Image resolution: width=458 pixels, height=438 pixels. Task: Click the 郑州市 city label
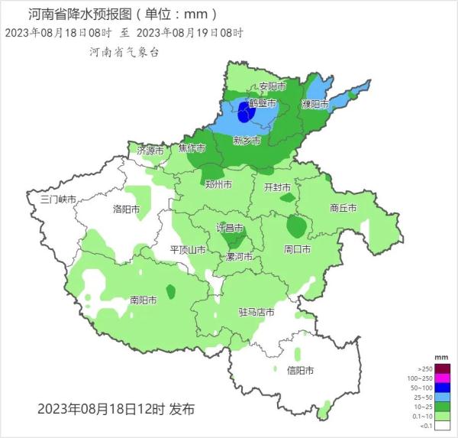point(219,184)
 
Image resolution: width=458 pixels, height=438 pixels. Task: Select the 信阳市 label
point(300,371)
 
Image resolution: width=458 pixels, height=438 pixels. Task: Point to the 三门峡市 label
point(59,200)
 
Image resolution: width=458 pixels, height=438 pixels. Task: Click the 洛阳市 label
point(127,209)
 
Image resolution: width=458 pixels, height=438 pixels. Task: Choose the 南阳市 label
point(144,300)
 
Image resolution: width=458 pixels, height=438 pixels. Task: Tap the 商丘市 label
point(344,207)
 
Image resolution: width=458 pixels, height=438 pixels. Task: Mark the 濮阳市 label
point(314,104)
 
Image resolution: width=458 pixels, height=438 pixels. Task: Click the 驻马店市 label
point(256,312)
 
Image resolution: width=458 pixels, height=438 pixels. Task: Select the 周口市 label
point(297,250)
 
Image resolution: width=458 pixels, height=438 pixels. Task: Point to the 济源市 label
point(150,151)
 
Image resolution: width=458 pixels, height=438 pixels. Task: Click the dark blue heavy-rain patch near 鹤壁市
point(244,113)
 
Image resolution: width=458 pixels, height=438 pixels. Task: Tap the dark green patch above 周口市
point(296,226)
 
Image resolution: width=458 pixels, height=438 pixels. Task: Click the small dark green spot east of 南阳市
point(170,291)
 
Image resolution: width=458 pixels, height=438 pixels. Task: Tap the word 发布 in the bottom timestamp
point(182,409)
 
